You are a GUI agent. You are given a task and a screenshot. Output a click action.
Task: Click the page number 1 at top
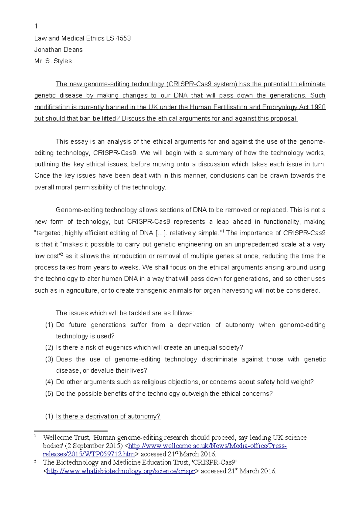point(36,26)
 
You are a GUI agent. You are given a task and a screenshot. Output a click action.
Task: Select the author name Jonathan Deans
point(58,50)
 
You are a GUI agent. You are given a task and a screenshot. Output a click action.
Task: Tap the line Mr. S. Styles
point(53,61)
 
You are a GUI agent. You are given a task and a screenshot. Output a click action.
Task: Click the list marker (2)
point(49,348)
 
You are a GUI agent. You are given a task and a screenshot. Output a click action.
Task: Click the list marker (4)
point(49,382)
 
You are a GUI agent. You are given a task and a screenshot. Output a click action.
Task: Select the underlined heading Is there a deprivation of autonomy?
point(108,416)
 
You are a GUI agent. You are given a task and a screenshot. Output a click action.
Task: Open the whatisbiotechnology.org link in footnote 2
point(121,471)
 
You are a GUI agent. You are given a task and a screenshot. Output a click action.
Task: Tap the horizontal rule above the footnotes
point(71,431)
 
